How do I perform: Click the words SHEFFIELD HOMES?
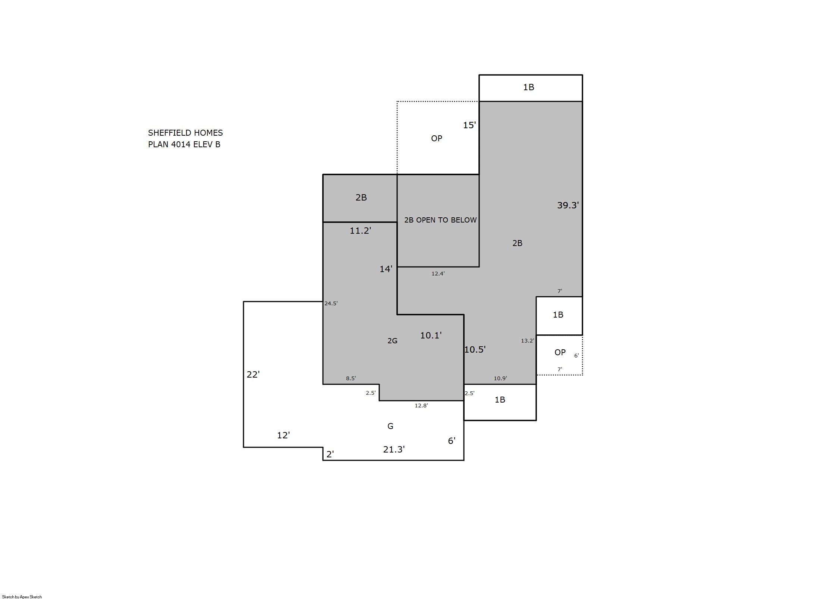pyautogui.click(x=185, y=133)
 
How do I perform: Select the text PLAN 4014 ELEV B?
pyautogui.click(x=184, y=144)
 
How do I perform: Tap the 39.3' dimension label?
pyautogui.click(x=568, y=205)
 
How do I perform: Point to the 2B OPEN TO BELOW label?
pyautogui.click(x=440, y=220)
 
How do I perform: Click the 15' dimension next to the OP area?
pyautogui.click(x=469, y=125)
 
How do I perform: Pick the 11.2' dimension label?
pyautogui.click(x=360, y=231)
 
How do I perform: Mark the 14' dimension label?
pyautogui.click(x=386, y=269)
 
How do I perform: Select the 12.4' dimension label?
pyautogui.click(x=438, y=274)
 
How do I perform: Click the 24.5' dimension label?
pyautogui.click(x=331, y=303)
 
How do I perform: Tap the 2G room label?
pyautogui.click(x=392, y=341)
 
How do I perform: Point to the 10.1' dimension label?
pyautogui.click(x=431, y=335)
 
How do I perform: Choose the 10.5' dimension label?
pyautogui.click(x=475, y=350)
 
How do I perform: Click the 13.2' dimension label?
pyautogui.click(x=528, y=341)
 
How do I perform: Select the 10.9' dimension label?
pyautogui.click(x=500, y=378)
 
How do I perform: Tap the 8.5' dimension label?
pyautogui.click(x=351, y=378)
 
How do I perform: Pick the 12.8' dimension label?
pyautogui.click(x=421, y=406)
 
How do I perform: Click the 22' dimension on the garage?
pyautogui.click(x=253, y=375)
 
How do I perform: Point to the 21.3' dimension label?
pyautogui.click(x=394, y=450)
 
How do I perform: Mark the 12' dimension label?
pyautogui.click(x=283, y=435)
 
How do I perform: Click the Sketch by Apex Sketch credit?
pyautogui.click(x=22, y=597)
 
